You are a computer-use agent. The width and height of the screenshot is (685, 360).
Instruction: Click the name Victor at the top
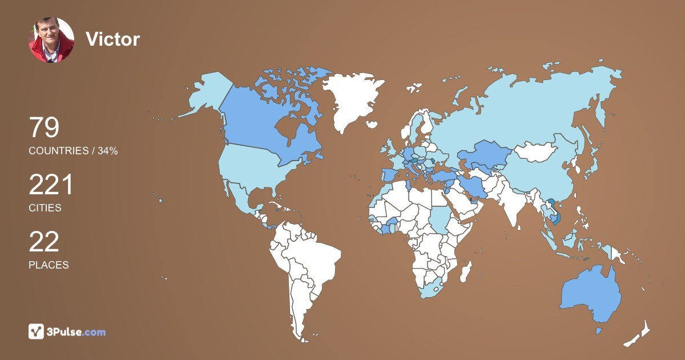tap(112, 39)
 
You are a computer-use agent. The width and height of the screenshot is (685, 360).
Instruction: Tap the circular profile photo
tap(51, 39)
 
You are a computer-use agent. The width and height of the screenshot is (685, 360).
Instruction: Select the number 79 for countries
tap(44, 127)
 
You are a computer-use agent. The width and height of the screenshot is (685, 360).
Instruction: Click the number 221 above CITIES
tap(51, 185)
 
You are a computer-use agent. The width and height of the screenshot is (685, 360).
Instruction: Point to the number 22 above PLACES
tap(44, 242)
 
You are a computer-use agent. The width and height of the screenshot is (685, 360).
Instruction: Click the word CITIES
tap(45, 208)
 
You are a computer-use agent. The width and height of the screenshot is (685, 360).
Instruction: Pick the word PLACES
tap(49, 265)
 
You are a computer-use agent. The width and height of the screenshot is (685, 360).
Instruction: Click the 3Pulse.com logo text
tap(76, 332)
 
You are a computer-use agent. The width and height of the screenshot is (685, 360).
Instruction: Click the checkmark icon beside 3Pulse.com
tap(37, 331)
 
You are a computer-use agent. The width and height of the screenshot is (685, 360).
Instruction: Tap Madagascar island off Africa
tap(466, 271)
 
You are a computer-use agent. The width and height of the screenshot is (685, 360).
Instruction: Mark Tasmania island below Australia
tap(598, 330)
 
